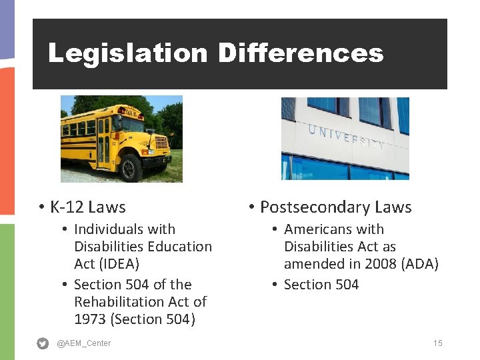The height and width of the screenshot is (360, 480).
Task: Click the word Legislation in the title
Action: point(127,53)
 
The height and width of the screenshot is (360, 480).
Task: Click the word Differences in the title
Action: point(301,53)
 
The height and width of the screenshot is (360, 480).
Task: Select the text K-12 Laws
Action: point(87,207)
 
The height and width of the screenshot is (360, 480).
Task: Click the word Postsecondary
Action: point(314,207)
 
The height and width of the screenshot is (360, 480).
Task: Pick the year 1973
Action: point(91,319)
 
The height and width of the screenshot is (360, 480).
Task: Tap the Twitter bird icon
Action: point(43,343)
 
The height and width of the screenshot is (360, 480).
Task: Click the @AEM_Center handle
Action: point(84,343)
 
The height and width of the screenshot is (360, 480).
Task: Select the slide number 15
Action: point(437,343)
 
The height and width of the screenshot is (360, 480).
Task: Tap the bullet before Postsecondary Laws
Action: point(251,207)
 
